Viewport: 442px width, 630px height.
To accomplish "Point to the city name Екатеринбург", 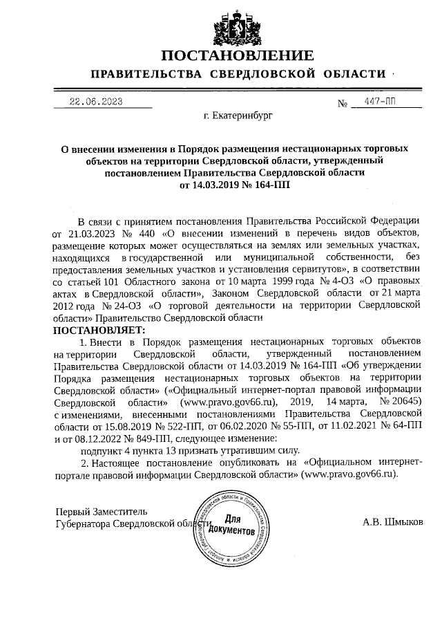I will pyautogui.click(x=238, y=116).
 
